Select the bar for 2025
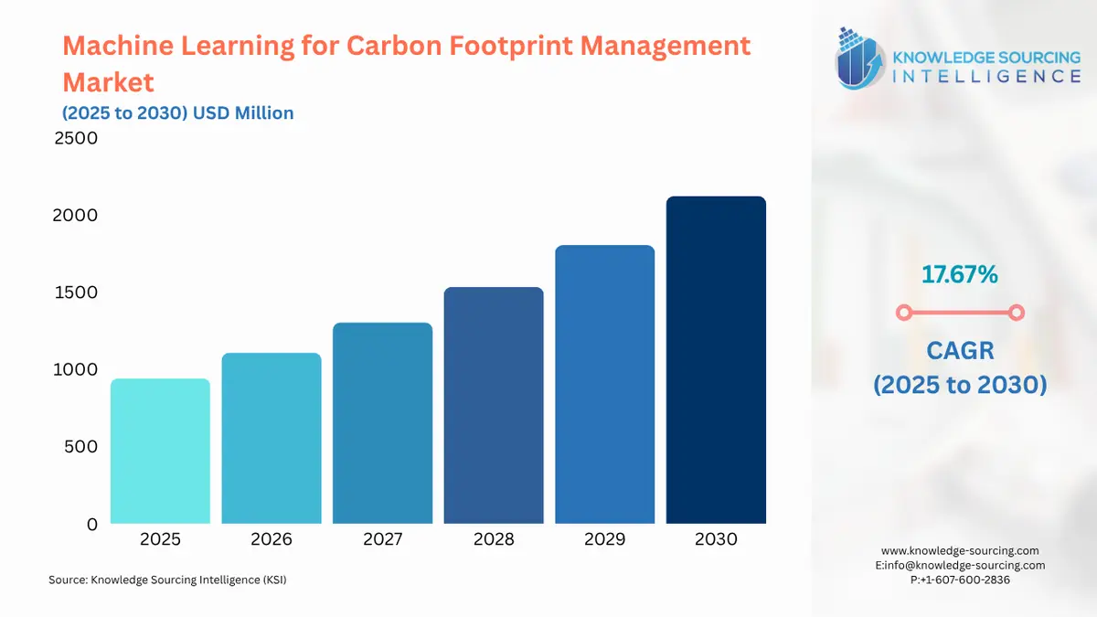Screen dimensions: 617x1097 (160, 452)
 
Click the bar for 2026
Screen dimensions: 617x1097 (272, 439)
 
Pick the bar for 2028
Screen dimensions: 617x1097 (494, 406)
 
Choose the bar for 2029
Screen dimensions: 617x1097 (604, 385)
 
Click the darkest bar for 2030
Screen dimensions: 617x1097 (716, 360)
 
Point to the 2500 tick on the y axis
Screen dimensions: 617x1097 (75, 139)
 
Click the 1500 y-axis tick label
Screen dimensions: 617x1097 (75, 293)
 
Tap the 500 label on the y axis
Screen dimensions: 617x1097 (80, 447)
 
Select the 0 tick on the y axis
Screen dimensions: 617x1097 (91, 525)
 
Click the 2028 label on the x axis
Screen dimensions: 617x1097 (494, 539)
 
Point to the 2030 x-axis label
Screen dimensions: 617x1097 (716, 539)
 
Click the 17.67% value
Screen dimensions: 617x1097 (959, 273)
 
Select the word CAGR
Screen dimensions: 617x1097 (959, 350)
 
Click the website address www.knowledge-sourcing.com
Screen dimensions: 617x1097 (960, 550)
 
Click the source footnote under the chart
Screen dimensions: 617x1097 (167, 580)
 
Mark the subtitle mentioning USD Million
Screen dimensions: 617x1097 (178, 113)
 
